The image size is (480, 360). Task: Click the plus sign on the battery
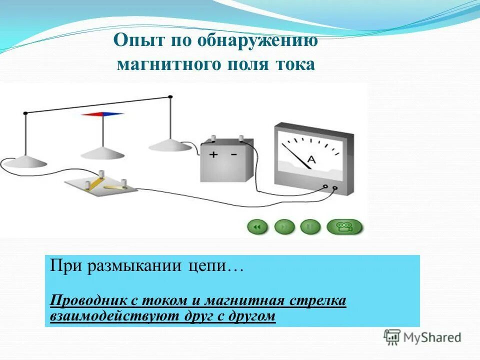(x=213, y=154)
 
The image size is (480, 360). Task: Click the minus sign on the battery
(x=234, y=154)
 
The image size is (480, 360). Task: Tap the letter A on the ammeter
(x=310, y=159)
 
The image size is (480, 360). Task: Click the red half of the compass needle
(x=92, y=114)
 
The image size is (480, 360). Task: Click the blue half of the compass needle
(x=114, y=114)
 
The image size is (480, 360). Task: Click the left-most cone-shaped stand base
(x=25, y=161)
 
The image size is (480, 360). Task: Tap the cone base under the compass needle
(x=102, y=151)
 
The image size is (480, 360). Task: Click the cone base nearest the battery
(x=170, y=145)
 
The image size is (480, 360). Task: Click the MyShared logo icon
(x=392, y=337)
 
